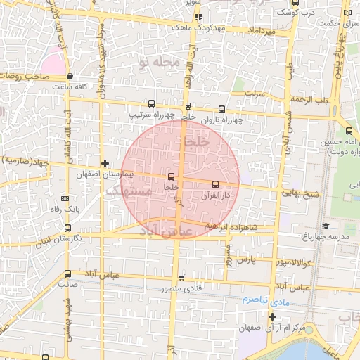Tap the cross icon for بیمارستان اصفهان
pyautogui.click(x=105, y=163)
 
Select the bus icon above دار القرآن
pyautogui.click(x=215, y=184)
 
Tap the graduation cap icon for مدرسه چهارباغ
pyautogui.click(x=325, y=226)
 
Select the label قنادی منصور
pyautogui.click(x=181, y=288)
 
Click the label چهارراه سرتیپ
pyautogui.click(x=152, y=113)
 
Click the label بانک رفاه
pyautogui.click(x=67, y=209)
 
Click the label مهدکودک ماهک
pyautogui.click(x=199, y=27)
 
